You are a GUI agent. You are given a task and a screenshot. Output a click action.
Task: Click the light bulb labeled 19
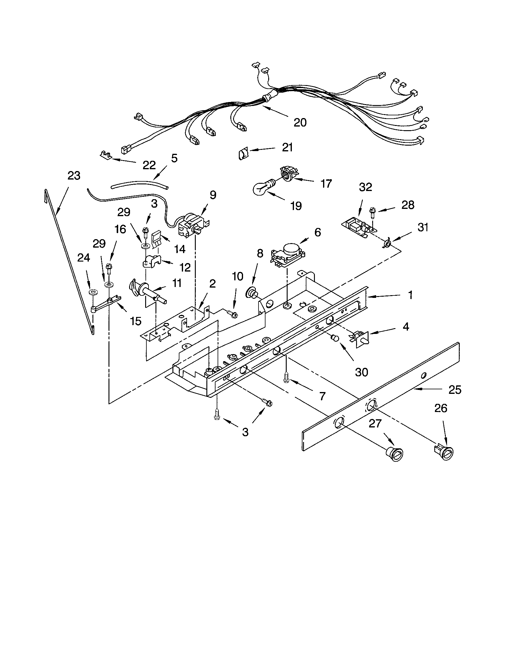[262, 188]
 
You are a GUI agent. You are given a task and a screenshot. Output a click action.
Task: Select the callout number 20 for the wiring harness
[300, 122]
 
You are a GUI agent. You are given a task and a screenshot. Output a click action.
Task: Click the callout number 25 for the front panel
[455, 390]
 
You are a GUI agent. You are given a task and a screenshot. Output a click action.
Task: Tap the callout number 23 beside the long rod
[74, 176]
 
